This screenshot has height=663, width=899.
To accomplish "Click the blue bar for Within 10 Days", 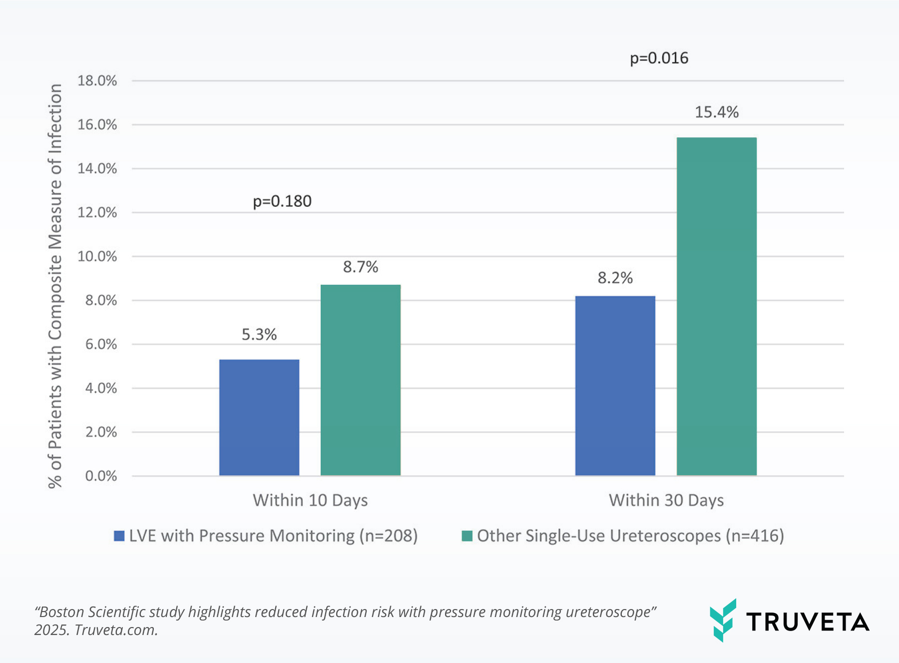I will (259, 417).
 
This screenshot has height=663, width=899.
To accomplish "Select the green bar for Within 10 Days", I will (360, 380).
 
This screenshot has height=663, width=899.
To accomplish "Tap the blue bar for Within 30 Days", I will (615, 385).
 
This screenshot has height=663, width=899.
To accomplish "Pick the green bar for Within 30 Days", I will (716, 306).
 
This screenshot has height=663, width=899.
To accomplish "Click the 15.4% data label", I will (716, 112).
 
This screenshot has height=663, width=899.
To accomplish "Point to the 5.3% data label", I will (259, 334).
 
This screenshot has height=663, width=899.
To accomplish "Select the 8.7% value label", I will (360, 267).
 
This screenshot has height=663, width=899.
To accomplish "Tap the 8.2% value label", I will (615, 278).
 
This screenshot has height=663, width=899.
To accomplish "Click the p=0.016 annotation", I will (659, 58).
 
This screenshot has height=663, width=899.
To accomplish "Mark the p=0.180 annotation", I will (282, 201).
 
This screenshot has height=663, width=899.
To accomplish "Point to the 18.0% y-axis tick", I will (97, 80).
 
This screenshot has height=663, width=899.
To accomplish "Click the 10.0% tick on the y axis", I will (97, 256).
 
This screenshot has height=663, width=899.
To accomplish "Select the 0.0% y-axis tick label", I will (101, 476).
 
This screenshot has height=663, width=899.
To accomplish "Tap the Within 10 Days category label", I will (310, 500).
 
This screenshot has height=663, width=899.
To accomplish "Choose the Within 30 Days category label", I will (666, 500).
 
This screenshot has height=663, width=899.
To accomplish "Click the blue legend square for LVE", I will (119, 536).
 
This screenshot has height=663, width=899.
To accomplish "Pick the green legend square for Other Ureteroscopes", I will (467, 536).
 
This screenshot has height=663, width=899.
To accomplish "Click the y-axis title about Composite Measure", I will (55, 285).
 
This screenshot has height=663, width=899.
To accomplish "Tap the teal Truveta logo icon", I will (723, 620).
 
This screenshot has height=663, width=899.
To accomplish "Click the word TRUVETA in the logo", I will (808, 622).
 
